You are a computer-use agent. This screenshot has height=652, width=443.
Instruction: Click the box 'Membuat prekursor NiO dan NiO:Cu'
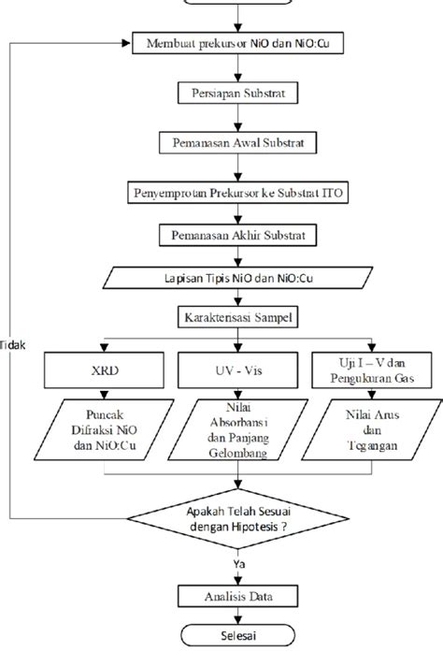point(237,43)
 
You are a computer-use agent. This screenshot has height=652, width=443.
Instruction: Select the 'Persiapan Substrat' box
point(237,93)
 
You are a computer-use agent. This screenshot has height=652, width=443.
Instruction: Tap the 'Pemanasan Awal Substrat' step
point(237,142)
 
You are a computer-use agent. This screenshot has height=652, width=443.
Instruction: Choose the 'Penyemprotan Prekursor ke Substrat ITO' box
point(237,193)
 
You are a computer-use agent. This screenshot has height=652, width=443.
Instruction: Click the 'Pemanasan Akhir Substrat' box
point(237,236)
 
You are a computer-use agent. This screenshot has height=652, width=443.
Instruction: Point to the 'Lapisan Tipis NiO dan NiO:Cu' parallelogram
point(237,278)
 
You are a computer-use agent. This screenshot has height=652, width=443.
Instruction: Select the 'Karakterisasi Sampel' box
point(237,318)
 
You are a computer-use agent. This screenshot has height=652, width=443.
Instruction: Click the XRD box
point(104,370)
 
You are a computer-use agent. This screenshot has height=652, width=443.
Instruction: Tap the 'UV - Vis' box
point(237,370)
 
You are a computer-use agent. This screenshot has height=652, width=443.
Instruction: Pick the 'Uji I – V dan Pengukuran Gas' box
point(372,370)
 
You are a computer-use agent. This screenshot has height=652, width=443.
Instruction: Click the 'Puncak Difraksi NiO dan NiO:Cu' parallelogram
point(104,430)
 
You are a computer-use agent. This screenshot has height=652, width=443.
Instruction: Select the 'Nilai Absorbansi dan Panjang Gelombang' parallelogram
point(237,430)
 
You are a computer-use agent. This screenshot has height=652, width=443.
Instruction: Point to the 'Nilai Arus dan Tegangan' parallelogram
point(372,430)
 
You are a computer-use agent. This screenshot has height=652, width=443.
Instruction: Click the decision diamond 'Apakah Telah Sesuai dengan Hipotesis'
point(237,519)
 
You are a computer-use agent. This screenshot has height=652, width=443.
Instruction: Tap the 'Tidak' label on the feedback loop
point(12,345)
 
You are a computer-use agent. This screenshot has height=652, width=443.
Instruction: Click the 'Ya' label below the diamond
point(239,564)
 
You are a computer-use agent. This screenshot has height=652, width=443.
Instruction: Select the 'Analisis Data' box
point(237,597)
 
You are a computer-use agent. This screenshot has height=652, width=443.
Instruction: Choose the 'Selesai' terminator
point(237,635)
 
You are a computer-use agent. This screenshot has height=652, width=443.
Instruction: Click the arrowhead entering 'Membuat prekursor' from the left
point(126,43)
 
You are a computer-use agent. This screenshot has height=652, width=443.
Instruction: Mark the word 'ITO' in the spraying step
point(333,193)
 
